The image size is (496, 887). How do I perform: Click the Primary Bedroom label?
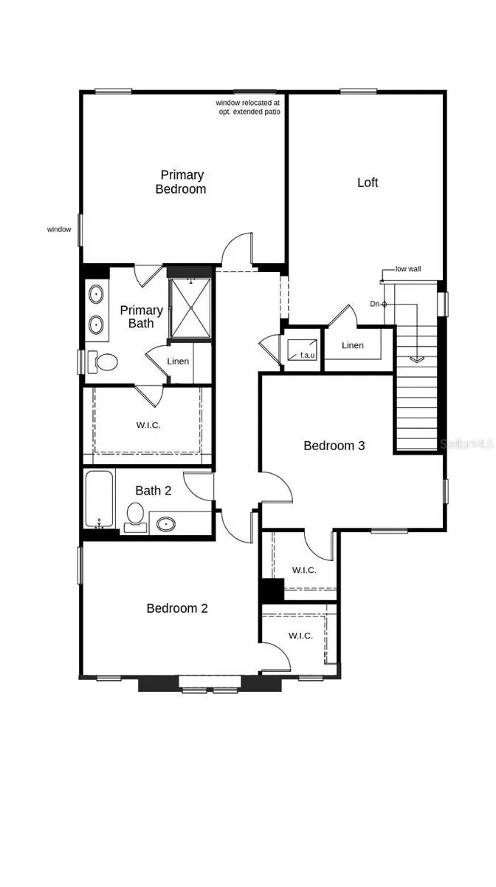pos(181,182)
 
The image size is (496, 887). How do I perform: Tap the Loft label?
pos(368,183)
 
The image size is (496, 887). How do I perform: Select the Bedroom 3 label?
pos(334,446)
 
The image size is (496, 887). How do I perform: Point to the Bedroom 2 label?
pos(177,608)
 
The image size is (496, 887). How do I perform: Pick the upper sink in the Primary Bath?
pos(97,295)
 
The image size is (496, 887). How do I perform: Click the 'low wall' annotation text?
pos(408,270)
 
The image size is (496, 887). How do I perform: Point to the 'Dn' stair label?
pos(375,304)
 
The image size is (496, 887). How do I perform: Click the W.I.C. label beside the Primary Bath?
pos(148,426)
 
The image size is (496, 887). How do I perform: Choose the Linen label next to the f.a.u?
pos(353,345)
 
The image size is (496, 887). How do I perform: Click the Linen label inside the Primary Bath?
pos(178,361)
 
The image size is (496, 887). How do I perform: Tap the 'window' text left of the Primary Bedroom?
pos(59,230)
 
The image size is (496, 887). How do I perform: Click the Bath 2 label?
pos(154,490)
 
